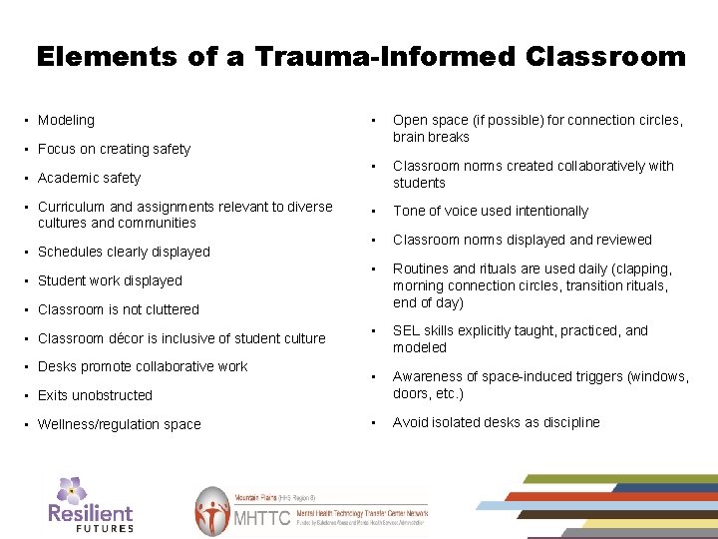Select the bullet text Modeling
[x=66, y=120]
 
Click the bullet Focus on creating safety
[x=114, y=149]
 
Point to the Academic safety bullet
[x=89, y=178]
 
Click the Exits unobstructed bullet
[x=95, y=395]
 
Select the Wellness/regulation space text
[x=119, y=424]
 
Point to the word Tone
[x=409, y=211]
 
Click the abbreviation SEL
[x=406, y=330]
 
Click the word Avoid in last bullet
[x=410, y=422]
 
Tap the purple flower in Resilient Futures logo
[x=72, y=490]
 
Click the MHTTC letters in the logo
[x=261, y=519]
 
